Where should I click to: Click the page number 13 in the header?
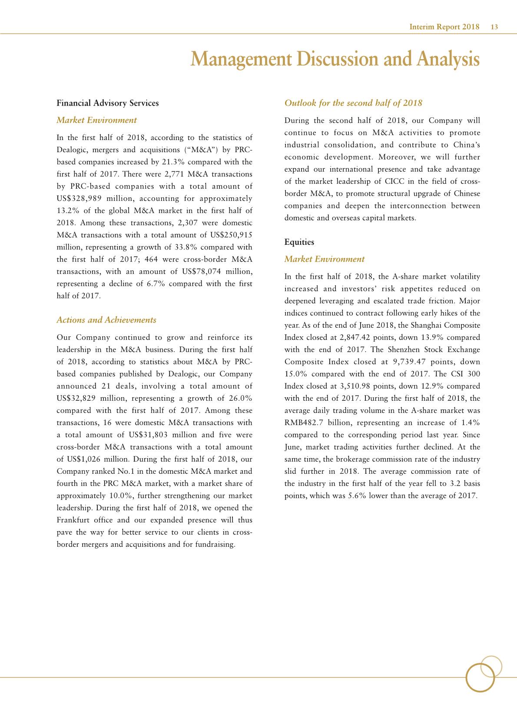(x=494, y=27)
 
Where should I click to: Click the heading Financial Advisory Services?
(x=107, y=103)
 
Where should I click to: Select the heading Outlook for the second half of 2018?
(x=353, y=103)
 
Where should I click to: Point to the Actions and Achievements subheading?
(x=106, y=320)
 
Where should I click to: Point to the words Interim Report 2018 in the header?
(x=444, y=27)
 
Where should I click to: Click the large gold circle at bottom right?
(x=480, y=677)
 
